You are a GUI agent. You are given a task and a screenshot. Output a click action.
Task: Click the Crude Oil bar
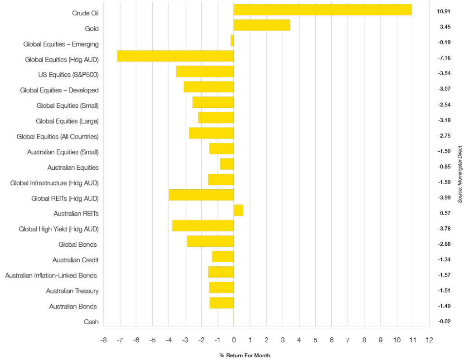(323, 10)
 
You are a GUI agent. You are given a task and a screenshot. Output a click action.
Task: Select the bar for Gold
(262, 25)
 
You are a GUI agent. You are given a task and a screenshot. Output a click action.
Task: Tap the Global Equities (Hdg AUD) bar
(175, 56)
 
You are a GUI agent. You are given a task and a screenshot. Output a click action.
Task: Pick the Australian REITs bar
(238, 211)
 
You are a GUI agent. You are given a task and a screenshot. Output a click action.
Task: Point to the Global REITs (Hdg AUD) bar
(201, 195)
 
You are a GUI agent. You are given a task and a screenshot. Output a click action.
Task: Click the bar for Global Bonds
(210, 241)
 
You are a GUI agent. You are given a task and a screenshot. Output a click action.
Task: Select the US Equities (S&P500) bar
(205, 72)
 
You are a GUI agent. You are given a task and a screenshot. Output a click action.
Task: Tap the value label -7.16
(443, 58)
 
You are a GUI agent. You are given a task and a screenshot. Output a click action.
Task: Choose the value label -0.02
(443, 322)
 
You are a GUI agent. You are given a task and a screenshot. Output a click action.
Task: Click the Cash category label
(91, 322)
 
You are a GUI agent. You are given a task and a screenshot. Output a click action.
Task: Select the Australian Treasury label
(72, 291)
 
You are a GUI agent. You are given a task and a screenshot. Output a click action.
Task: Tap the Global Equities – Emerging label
(61, 44)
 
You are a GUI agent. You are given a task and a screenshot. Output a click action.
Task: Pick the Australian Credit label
(75, 260)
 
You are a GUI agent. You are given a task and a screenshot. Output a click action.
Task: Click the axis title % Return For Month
(245, 355)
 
